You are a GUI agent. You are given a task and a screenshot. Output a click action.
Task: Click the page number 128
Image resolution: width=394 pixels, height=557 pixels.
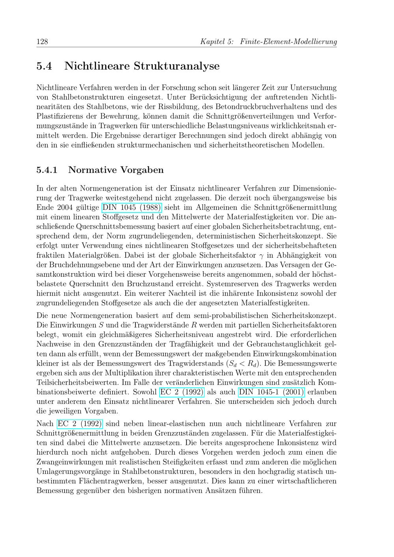coord(42,41)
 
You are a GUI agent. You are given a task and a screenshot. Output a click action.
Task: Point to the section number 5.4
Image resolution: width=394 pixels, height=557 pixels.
coord(44,66)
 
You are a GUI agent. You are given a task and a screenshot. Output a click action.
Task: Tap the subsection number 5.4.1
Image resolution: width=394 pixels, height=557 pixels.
coord(47,170)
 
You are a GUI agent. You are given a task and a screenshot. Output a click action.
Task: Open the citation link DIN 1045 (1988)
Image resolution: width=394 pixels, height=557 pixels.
coord(132,207)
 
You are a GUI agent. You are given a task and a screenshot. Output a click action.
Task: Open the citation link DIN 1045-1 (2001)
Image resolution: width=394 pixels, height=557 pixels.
coord(271,392)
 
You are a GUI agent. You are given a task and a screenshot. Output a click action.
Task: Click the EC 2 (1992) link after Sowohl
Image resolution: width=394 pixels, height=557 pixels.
coord(182,392)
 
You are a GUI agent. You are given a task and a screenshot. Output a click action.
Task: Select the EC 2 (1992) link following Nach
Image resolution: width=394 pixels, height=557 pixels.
coord(80,424)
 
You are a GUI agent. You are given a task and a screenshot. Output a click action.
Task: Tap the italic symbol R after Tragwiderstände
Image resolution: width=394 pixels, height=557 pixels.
coord(193,325)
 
